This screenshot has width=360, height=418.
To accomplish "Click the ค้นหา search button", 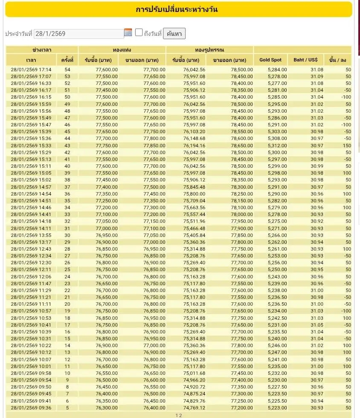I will coord(174,34).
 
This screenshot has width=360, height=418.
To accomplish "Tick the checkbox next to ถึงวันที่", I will coord(139,32).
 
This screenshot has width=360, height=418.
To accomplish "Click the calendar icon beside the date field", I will coord(128,32).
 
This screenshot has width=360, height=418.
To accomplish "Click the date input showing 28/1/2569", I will coord(78,34).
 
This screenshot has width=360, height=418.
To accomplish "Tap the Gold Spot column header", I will coord(270,60).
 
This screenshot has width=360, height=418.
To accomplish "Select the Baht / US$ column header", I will coord(305,60).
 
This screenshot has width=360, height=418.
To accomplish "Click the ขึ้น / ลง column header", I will coord(337,60).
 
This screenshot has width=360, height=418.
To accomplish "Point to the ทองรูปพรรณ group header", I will coord(209,50).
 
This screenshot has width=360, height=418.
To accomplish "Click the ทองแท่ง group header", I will coord(122,50).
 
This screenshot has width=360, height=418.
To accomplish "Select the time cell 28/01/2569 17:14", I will coord(31,70).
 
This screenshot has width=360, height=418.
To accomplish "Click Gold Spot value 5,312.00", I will coord(277,146).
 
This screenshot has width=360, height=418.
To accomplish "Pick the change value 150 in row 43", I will coord(346,146).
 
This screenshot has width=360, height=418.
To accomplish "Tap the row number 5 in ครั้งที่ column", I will coord(67,408).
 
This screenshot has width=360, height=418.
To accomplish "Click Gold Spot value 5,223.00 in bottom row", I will coord(277,408).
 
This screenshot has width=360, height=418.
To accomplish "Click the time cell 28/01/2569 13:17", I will coord(31,242).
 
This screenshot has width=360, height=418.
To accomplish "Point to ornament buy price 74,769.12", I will coord(194,408).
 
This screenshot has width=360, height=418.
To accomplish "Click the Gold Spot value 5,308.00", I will coord(277,138).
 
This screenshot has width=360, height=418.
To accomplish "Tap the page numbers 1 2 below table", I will coord(178,415).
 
